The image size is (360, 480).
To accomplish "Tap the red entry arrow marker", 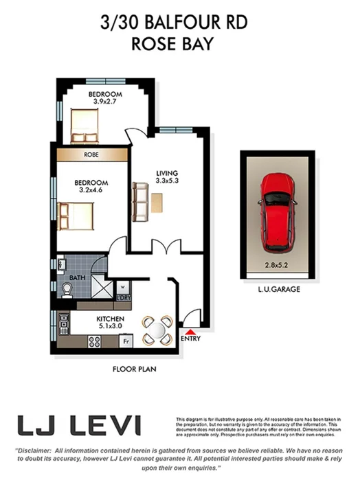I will point(190,332).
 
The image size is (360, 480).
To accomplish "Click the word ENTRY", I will point(190,339).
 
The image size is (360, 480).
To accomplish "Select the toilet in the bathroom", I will point(66,290).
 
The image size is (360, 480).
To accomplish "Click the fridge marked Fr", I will point(126,340).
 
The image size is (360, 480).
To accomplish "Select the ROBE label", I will point(91,155).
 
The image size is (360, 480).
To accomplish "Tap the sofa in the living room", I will point(141,201).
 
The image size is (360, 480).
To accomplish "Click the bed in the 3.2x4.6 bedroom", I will point(76,215).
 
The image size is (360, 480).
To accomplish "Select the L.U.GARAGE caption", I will point(278,290).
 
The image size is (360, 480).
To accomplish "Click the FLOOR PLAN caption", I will point(135,369).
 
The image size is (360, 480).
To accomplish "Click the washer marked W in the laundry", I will point(123,287).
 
